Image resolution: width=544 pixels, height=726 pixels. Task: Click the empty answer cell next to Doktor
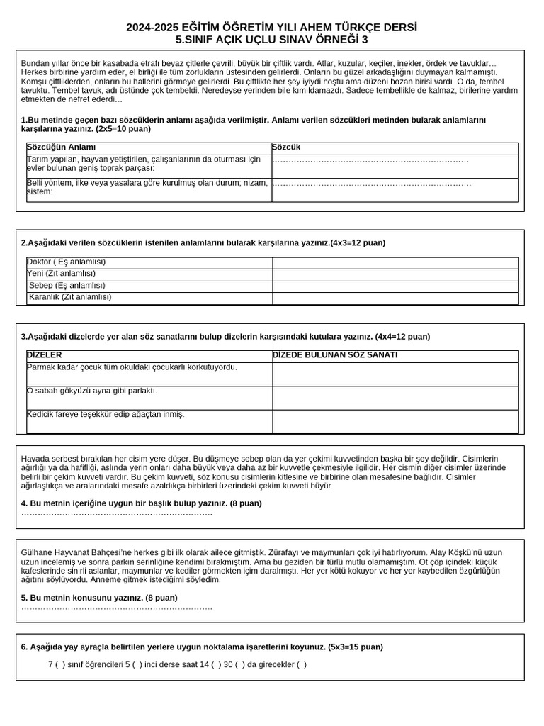(x=395, y=262)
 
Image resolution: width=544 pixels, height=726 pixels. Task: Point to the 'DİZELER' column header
(x=44, y=355)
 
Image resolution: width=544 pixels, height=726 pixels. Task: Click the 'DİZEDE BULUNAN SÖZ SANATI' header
(x=335, y=355)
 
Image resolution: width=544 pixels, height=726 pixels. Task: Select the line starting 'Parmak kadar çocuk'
(x=132, y=367)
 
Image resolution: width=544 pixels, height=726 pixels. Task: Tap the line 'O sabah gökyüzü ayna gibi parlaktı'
(x=92, y=391)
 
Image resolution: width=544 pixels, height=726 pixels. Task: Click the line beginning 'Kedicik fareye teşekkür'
(x=106, y=415)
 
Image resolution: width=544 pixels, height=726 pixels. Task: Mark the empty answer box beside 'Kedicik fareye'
(x=395, y=421)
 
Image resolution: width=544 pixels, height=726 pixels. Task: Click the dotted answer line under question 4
(x=117, y=513)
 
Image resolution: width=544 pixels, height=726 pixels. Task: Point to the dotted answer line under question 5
(x=117, y=608)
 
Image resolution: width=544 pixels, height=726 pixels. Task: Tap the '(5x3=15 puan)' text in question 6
(x=356, y=647)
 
